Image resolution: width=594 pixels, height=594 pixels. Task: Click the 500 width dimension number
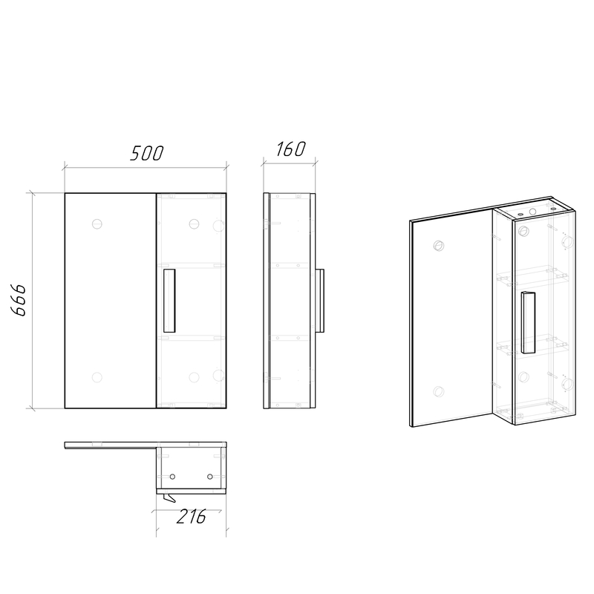pos(147,153)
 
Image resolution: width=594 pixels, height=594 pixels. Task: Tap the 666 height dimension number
pos(19,300)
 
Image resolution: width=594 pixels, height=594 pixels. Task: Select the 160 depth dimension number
pos(290,149)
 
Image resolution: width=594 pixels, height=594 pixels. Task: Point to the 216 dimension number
pos(192,516)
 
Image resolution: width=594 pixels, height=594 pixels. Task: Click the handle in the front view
pos(169,301)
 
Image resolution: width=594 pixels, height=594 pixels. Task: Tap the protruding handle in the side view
pos(320,301)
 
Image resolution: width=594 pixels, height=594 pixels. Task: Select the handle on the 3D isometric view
pos(528,322)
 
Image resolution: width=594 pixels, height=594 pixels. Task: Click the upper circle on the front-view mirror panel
pos(97,224)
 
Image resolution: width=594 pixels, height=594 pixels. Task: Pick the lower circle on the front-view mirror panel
pos(97,377)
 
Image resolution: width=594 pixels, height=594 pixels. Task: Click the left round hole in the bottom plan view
pos(172,477)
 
